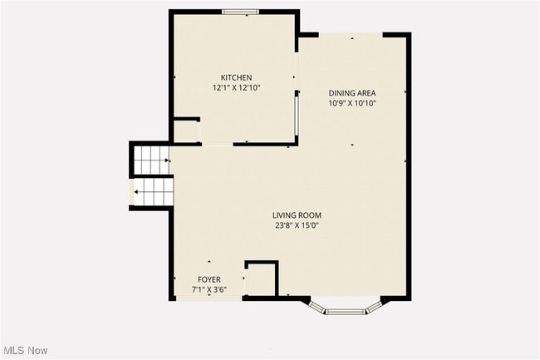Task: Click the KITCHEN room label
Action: (x=236, y=77)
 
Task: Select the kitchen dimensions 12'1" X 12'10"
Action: (x=236, y=87)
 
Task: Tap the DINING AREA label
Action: (x=352, y=93)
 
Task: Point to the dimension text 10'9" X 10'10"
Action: (x=352, y=103)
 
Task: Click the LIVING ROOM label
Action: (x=297, y=215)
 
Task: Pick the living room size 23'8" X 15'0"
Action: (x=297, y=225)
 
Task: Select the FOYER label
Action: (x=209, y=279)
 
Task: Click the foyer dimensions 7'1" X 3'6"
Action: (x=209, y=289)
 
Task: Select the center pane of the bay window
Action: (x=344, y=312)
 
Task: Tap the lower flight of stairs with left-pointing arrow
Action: (x=154, y=194)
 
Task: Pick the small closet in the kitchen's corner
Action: (x=185, y=131)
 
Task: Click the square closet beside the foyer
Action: (x=260, y=279)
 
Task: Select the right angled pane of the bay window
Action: (x=373, y=305)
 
